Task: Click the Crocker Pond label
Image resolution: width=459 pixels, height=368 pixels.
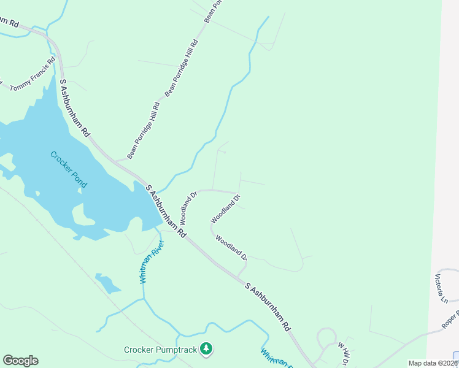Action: click(x=68, y=169)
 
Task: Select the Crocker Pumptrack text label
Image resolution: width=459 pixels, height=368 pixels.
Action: click(x=162, y=350)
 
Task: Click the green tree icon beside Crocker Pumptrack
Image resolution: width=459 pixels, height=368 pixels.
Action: click(x=207, y=350)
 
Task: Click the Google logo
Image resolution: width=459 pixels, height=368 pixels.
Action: click(x=20, y=361)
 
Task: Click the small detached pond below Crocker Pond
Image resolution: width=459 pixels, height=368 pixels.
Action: click(x=108, y=283)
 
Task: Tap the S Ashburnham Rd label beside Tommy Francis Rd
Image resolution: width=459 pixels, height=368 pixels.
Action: click(x=75, y=108)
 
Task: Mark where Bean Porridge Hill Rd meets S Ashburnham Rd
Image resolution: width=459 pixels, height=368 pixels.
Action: click(x=117, y=162)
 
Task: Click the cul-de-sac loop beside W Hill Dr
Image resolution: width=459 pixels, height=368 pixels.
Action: click(x=323, y=337)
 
